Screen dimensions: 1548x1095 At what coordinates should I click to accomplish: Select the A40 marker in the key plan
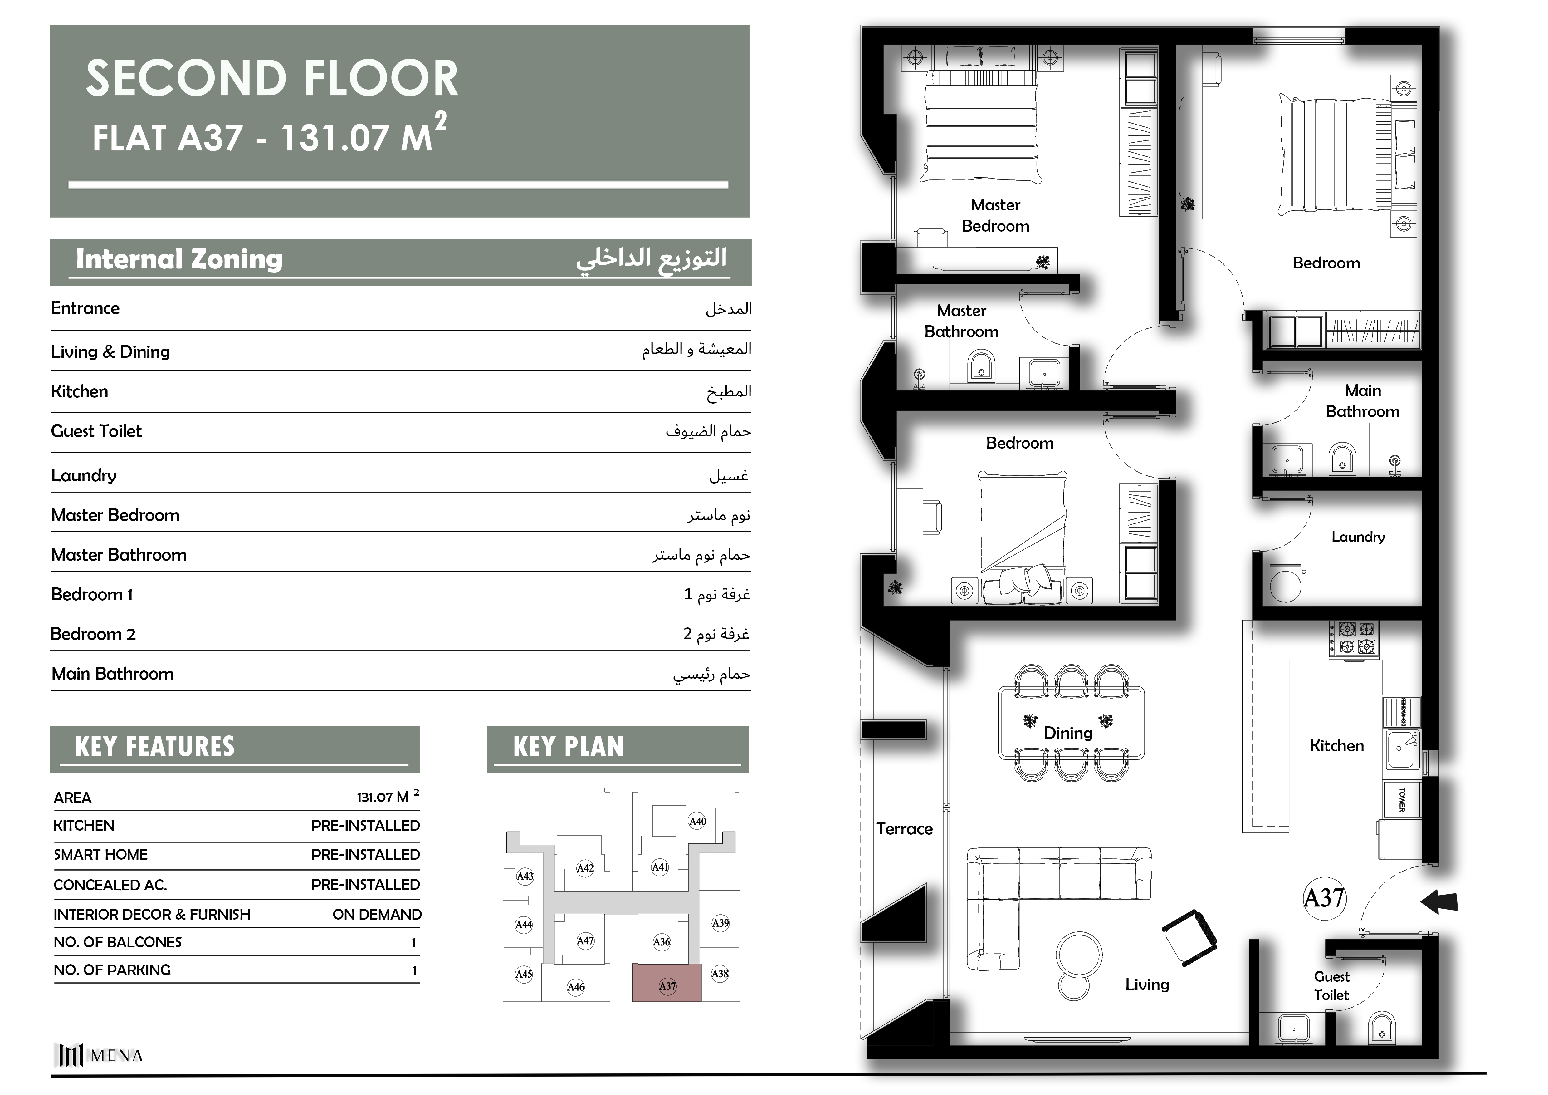point(697,821)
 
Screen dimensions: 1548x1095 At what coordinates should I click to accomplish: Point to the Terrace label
point(904,829)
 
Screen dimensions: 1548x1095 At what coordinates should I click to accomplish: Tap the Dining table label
point(1068,733)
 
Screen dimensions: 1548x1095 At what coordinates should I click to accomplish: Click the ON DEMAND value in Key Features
point(377,914)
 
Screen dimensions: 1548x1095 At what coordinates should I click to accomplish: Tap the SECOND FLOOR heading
point(272,78)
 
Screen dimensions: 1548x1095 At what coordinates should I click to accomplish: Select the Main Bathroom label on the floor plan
point(1363,401)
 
